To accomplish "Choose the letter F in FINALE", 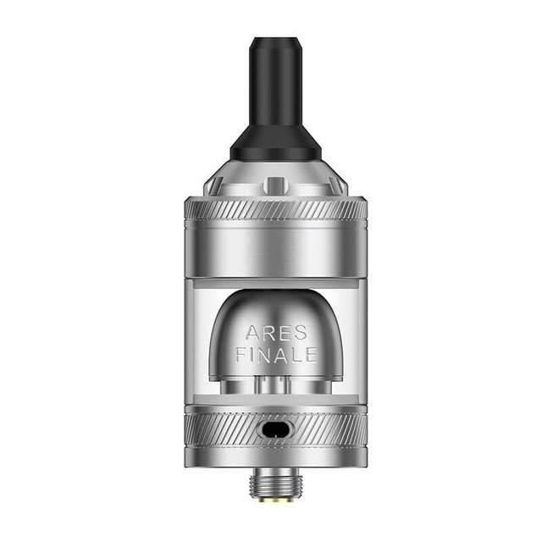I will (x=241, y=355).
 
